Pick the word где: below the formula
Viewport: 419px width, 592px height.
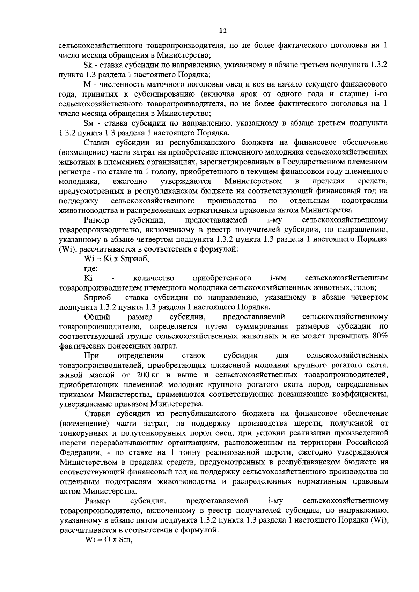coord(91,269)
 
